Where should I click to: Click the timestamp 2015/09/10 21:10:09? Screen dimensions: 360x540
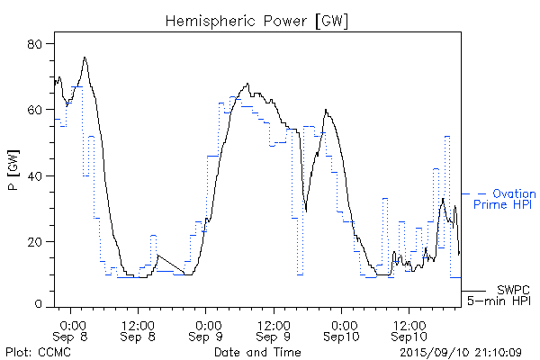pyautogui.click(x=460, y=352)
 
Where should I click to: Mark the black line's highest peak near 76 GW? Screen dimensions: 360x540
pyautogui.click(x=85, y=58)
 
